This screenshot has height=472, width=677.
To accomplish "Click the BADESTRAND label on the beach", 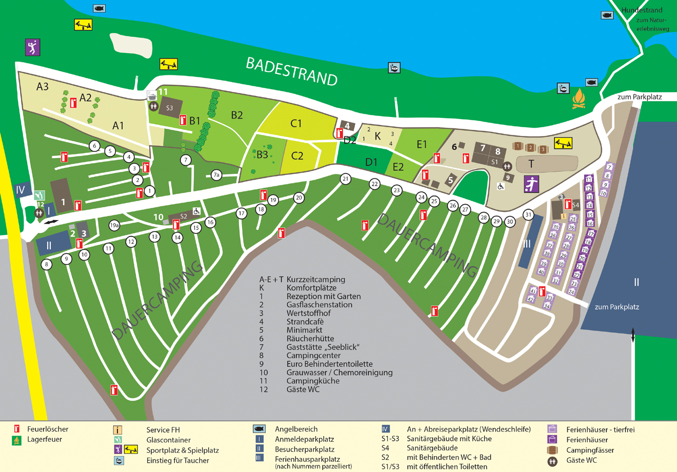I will [291, 71].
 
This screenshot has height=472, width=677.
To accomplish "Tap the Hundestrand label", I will [642, 10].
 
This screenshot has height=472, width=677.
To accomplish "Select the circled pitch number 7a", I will [216, 175].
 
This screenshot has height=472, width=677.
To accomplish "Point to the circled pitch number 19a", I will [114, 225].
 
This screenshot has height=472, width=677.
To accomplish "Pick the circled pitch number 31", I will [528, 214].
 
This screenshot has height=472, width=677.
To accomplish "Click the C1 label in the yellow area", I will [296, 123].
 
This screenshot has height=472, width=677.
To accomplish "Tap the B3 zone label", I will [262, 154].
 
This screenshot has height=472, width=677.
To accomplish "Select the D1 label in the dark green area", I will [371, 162].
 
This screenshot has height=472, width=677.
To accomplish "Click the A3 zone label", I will [42, 86].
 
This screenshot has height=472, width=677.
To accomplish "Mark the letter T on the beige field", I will [531, 164].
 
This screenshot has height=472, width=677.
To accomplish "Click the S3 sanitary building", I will [169, 108].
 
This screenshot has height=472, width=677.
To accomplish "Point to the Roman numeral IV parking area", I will [21, 190].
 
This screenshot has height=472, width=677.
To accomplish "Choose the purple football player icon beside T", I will [531, 184].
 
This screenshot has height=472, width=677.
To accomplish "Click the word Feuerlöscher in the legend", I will [48, 429].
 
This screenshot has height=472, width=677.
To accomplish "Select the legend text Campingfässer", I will [590, 450].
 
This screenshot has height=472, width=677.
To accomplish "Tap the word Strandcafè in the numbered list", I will [305, 322].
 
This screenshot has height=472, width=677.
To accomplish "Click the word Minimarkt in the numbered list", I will [304, 330].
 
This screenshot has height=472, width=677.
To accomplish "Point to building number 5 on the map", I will [450, 180].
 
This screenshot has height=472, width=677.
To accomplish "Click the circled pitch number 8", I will [47, 265].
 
